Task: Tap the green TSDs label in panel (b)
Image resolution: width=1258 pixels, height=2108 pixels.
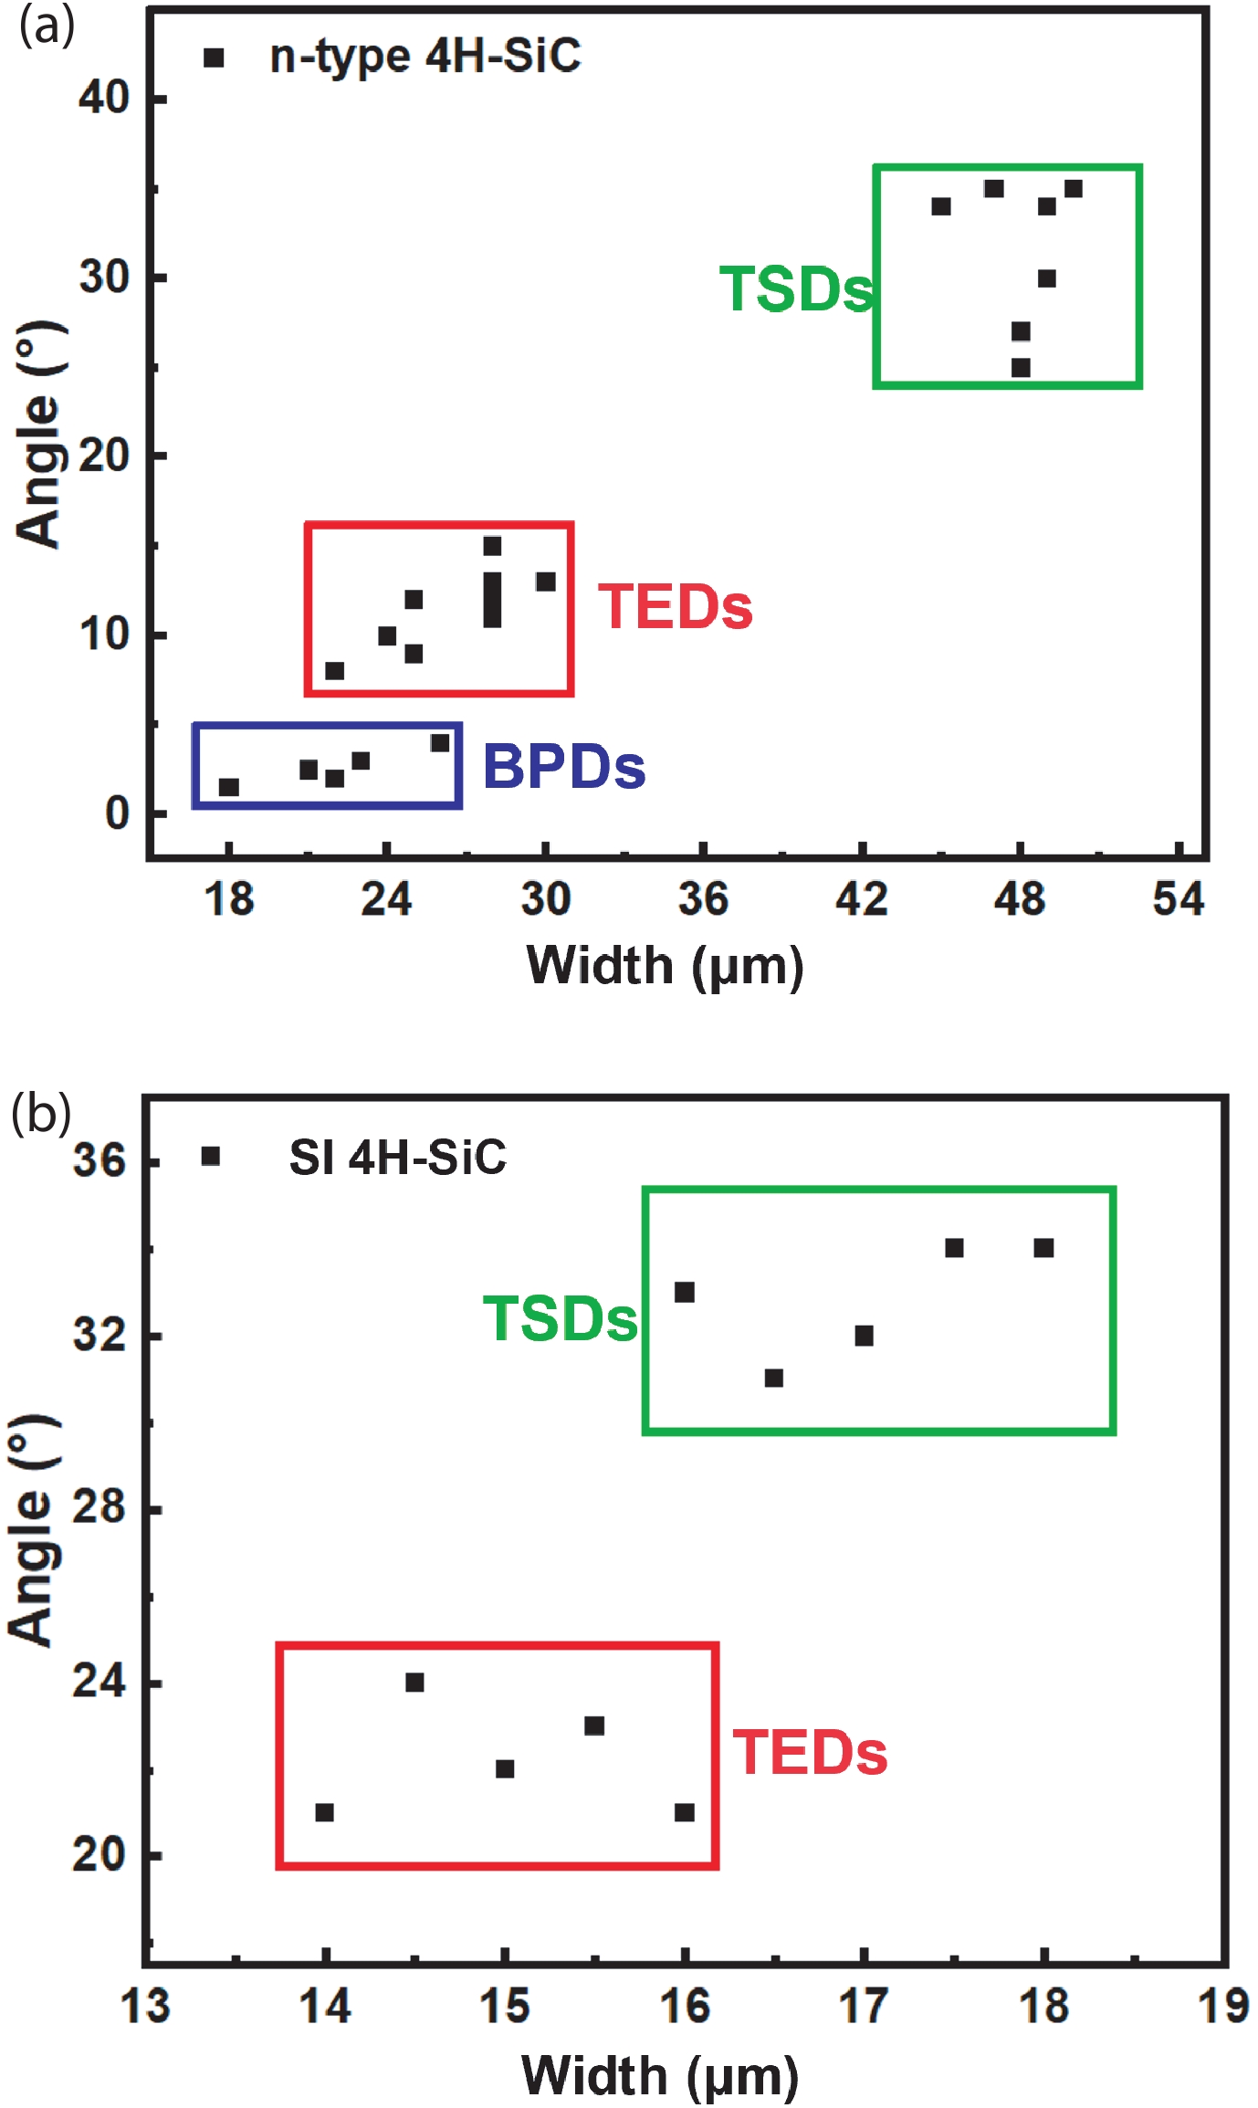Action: (x=560, y=1319)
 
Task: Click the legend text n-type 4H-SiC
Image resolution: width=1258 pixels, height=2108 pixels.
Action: (x=425, y=57)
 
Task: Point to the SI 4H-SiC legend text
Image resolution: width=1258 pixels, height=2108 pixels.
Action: (x=397, y=1157)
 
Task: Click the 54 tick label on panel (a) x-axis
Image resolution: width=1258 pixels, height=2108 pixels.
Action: (x=1178, y=899)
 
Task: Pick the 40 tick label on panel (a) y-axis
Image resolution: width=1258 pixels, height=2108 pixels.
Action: (x=103, y=97)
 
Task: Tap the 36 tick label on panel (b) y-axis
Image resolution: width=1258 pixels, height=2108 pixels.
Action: (x=99, y=1160)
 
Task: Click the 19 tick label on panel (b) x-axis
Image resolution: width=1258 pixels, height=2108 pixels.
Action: (x=1222, y=2007)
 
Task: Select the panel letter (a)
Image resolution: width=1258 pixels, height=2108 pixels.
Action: (x=47, y=26)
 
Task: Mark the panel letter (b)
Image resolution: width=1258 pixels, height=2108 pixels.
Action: (x=41, y=1114)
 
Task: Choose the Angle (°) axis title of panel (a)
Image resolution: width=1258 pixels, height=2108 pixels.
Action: (x=39, y=435)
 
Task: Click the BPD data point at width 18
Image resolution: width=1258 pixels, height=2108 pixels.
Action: (x=229, y=787)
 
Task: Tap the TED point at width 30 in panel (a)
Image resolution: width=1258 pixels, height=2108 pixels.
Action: (x=546, y=582)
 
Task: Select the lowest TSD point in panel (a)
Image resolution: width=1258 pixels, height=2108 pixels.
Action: (x=1021, y=368)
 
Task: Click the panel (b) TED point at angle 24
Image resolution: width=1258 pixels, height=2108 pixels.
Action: (x=414, y=1682)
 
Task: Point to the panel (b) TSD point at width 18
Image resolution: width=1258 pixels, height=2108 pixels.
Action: (x=1043, y=1248)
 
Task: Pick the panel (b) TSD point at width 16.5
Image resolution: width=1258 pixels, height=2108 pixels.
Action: (x=774, y=1378)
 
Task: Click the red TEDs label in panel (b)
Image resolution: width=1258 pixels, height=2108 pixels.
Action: (x=810, y=1752)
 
